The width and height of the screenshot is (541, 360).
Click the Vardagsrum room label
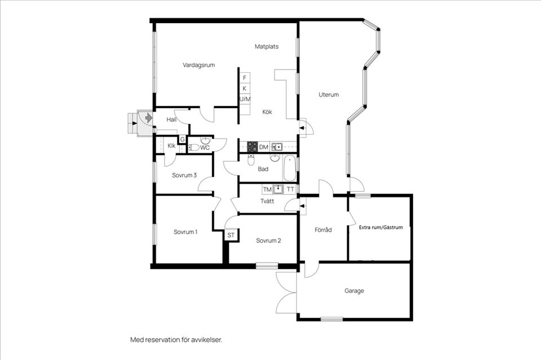[x=199, y=65]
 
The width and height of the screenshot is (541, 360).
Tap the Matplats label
[x=267, y=46]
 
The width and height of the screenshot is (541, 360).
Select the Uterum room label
[x=329, y=95]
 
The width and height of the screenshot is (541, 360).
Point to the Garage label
[x=354, y=291]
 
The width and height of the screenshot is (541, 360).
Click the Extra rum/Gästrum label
[x=381, y=227]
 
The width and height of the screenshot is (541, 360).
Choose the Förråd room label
[x=323, y=230]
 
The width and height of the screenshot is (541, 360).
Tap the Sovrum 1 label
[x=185, y=232]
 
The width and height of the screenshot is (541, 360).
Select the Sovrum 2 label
[x=268, y=241]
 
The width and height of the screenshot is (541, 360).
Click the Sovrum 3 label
[x=184, y=175]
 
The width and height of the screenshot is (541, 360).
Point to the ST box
[x=231, y=235]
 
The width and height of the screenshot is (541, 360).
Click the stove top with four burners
[x=252, y=147]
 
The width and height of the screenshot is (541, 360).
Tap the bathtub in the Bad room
[x=290, y=168]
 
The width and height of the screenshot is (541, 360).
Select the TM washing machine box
[x=267, y=189]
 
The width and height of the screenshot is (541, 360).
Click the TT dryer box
[x=291, y=189]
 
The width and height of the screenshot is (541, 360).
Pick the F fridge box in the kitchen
[x=245, y=78]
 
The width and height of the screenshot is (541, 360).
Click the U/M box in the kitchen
[x=245, y=99]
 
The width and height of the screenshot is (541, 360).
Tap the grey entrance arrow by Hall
[x=149, y=118]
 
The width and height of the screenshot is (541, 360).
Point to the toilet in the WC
[x=194, y=148]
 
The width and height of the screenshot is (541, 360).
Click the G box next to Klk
[x=182, y=139]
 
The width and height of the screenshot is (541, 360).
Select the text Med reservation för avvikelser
[x=176, y=340]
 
